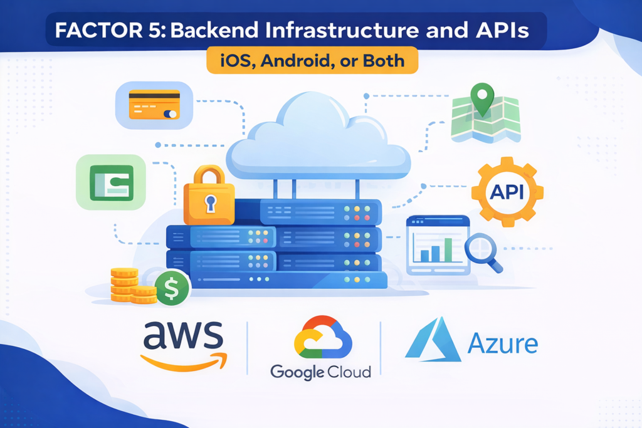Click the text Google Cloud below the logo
point(320,372)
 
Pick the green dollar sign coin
point(172,288)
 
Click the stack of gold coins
point(129,286)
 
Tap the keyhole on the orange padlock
point(209,204)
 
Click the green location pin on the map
point(482,100)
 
